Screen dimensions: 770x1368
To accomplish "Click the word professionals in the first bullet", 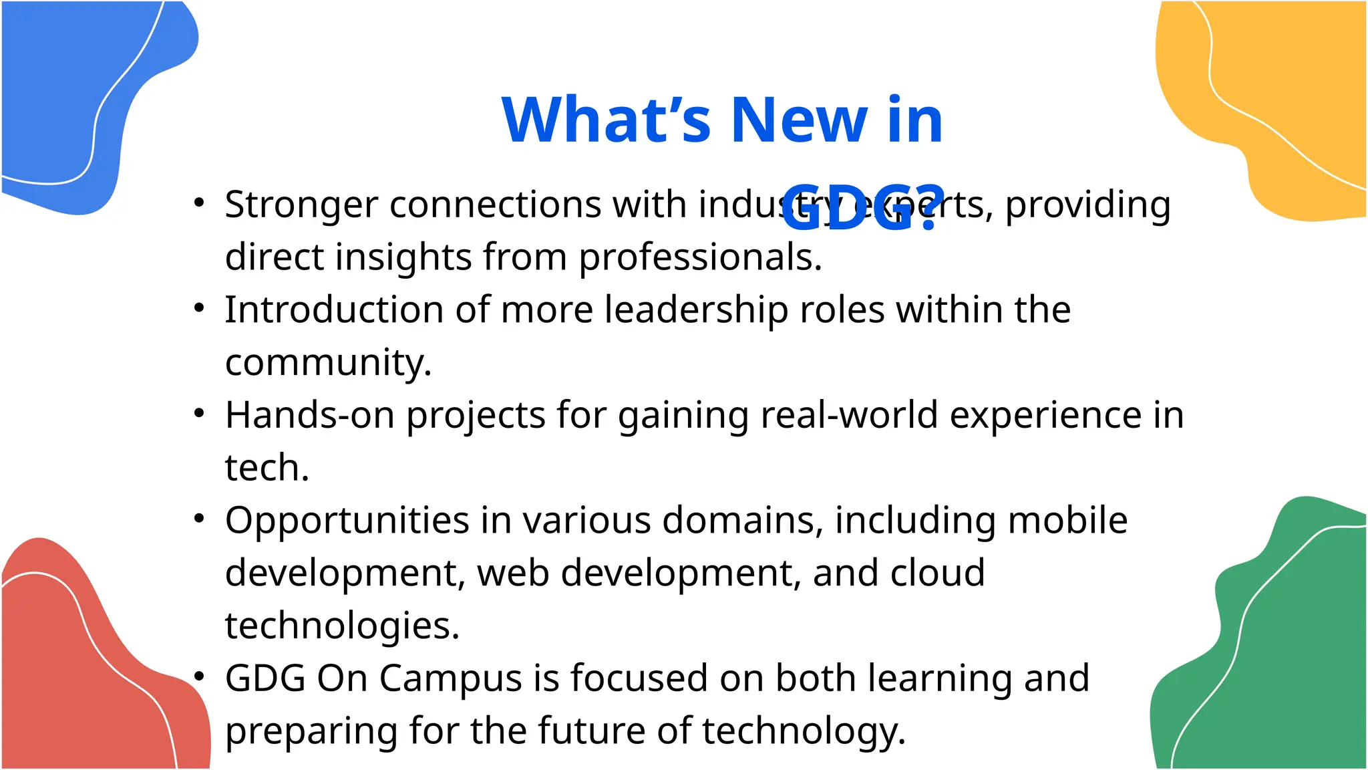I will click(700, 258).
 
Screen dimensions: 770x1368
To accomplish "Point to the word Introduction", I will click(334, 310).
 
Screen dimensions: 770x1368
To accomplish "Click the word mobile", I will click(1067, 521).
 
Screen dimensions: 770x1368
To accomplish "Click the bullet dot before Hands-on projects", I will click(199, 414).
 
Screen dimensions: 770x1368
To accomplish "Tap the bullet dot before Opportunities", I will click(199, 519).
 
